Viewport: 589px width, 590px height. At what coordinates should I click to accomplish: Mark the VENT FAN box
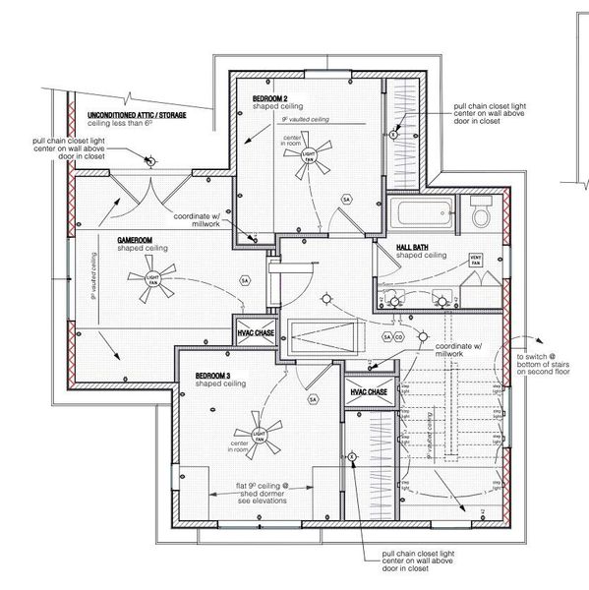point(474,262)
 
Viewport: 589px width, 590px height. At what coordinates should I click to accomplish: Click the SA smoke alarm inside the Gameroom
point(243,280)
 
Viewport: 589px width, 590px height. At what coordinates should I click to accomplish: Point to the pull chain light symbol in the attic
point(149,159)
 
